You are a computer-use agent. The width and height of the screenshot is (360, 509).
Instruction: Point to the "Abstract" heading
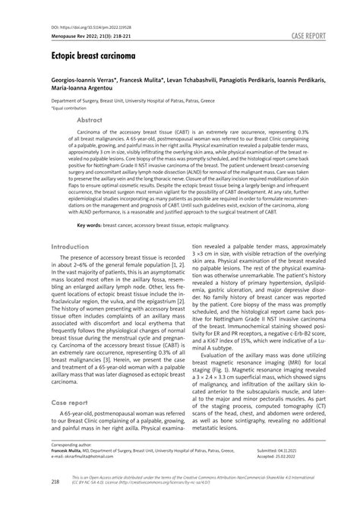(x=90, y=120)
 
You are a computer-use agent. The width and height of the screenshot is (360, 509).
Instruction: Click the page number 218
(x=55, y=481)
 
